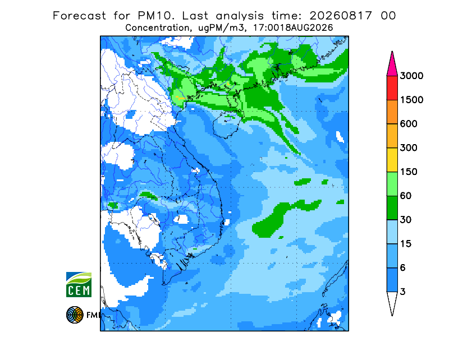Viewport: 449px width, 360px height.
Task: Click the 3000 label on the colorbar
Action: (411, 76)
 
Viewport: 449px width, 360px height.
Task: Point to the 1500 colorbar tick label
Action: (411, 100)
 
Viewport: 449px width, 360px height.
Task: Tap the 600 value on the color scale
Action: (409, 124)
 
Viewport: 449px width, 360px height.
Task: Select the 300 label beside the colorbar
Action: (409, 148)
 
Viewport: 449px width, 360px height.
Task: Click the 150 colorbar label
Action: (409, 172)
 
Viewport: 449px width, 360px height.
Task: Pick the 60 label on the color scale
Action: (406, 196)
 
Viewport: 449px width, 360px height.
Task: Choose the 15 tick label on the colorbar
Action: (406, 244)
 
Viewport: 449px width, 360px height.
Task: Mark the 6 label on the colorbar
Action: (402, 268)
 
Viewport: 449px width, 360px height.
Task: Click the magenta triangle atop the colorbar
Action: (392, 64)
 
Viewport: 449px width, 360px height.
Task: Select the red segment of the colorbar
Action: (392, 88)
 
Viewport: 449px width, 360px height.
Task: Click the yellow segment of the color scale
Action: (392, 160)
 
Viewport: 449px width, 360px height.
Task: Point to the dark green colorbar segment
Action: (392, 208)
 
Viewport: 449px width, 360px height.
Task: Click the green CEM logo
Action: (79, 284)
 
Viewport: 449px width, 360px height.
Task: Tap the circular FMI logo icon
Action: (75, 315)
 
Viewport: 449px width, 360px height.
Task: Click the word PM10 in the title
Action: (156, 16)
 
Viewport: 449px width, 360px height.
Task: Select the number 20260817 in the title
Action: (341, 16)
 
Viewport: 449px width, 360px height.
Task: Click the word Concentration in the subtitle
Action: (158, 28)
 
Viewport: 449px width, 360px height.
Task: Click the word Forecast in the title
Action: (79, 16)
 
